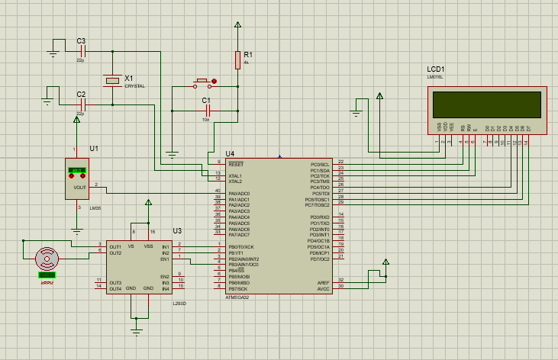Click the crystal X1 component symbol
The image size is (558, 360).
coord(112,79)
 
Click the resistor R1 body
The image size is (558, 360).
coord(238,59)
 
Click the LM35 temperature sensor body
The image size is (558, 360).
coord(77,178)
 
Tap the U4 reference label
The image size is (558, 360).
coord(220,154)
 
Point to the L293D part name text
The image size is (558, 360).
coord(179,303)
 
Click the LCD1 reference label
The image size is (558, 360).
coord(436,69)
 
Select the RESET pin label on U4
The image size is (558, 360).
coord(235,164)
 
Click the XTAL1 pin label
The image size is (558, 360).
coord(237,175)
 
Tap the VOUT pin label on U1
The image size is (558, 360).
coord(79,187)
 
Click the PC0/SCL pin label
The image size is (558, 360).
coord(319,164)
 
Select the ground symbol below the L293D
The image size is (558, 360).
coord(137,329)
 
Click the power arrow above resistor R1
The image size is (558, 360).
coord(238,26)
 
